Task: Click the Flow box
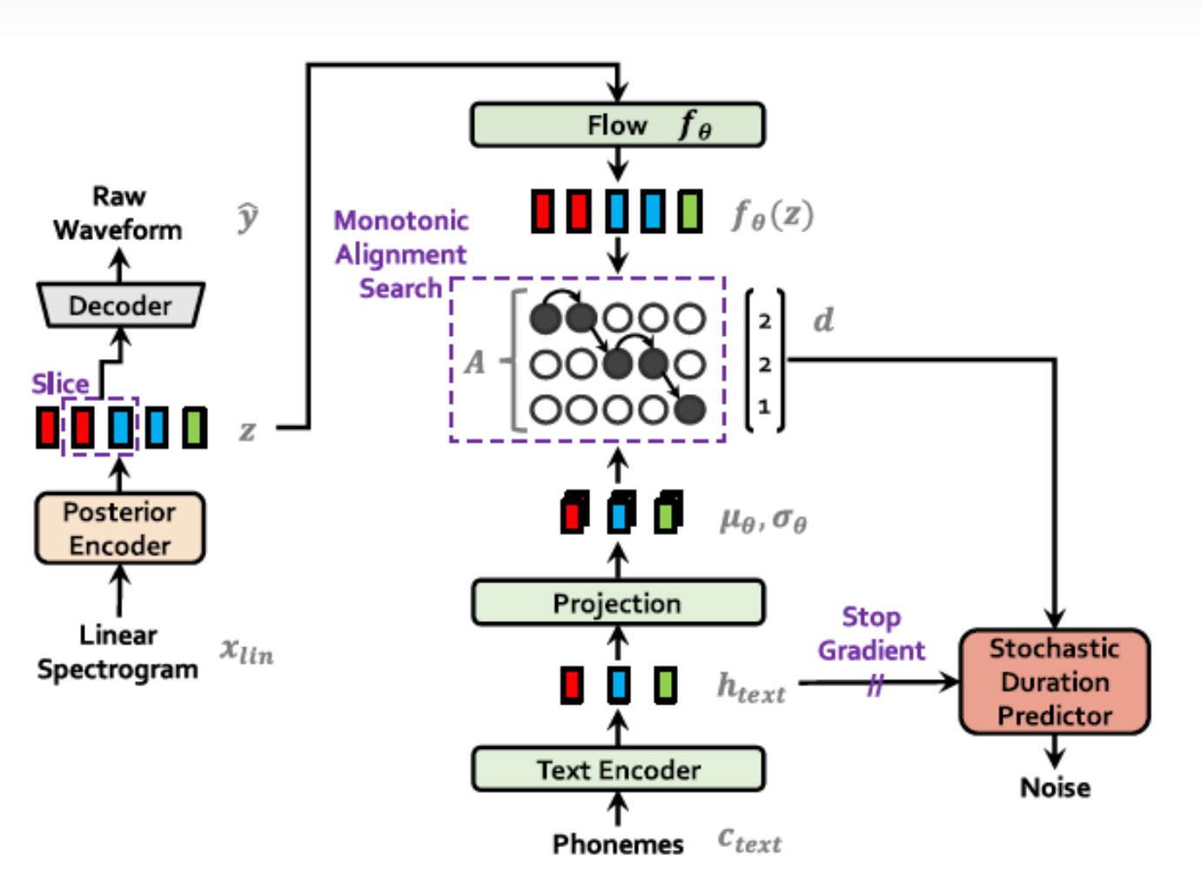click(x=617, y=125)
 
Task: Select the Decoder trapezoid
click(x=120, y=305)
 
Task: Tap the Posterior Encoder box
click(x=120, y=528)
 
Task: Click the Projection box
click(x=617, y=603)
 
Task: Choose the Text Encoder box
click(x=618, y=770)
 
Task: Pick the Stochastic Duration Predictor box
click(x=1055, y=682)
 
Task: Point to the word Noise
click(x=1055, y=787)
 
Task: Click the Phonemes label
click(x=618, y=844)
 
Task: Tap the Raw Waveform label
click(x=118, y=213)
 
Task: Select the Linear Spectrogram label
click(x=117, y=652)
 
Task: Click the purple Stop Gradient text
click(x=871, y=633)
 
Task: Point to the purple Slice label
click(x=60, y=384)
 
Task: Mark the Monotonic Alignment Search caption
click(x=401, y=254)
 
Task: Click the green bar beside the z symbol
click(x=194, y=428)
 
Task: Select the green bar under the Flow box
click(x=689, y=211)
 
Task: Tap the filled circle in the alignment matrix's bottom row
click(x=690, y=409)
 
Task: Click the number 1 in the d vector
click(x=764, y=406)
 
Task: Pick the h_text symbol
click(x=750, y=688)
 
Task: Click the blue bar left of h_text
click(x=619, y=685)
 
